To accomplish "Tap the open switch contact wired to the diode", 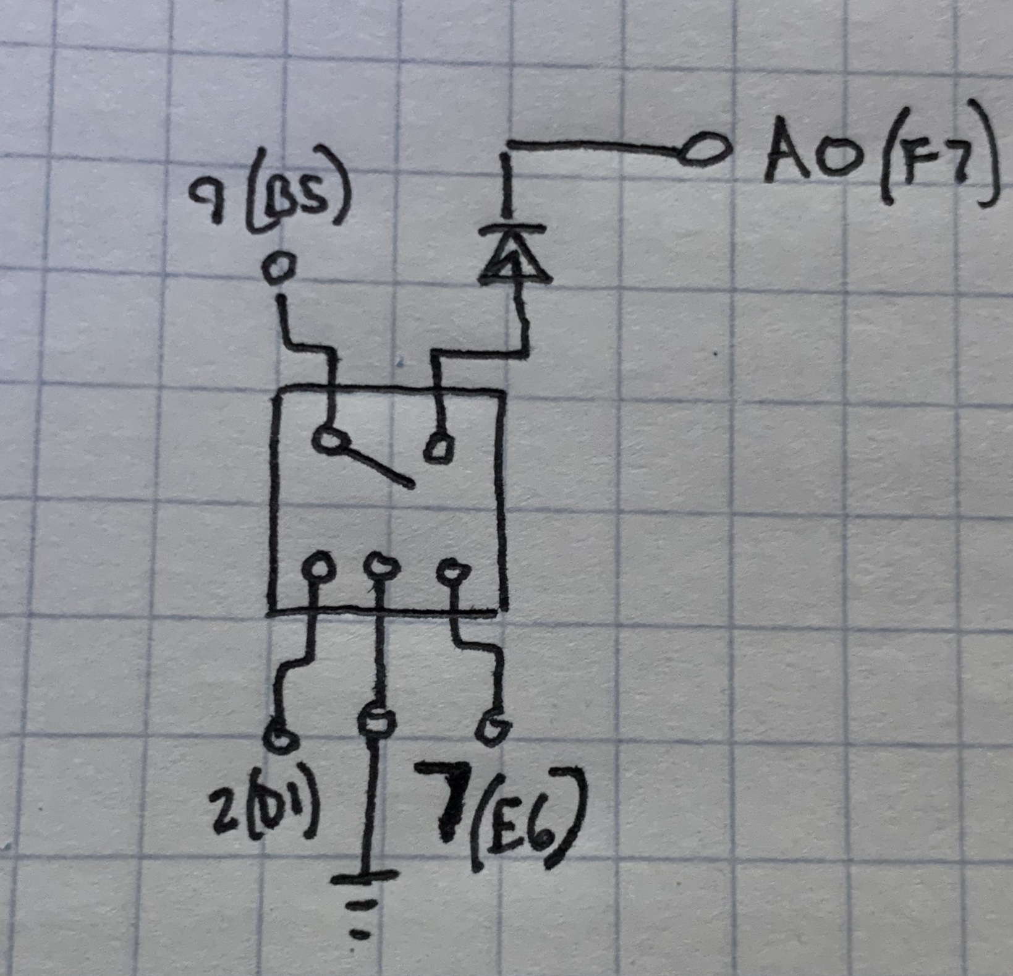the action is [438, 447].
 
